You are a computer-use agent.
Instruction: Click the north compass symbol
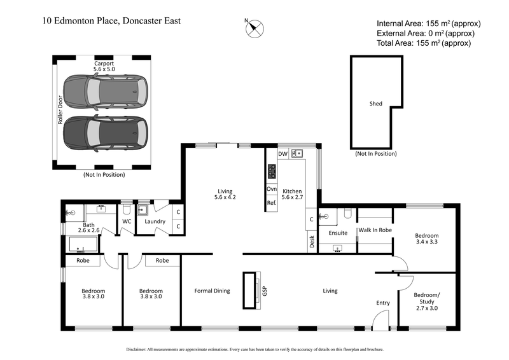(x=255, y=27)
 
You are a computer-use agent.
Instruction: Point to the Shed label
(x=376, y=103)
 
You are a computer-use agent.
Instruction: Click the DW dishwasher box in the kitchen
(x=283, y=154)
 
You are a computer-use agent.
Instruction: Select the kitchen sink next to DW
(x=297, y=154)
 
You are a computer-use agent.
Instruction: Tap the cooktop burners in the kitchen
(x=272, y=171)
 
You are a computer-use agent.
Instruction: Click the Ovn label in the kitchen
(x=271, y=189)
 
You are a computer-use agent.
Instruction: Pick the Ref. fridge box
(x=271, y=203)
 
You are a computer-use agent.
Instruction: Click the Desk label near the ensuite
(x=312, y=241)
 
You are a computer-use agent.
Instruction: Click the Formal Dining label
(x=212, y=291)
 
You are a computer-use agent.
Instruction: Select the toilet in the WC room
(x=126, y=209)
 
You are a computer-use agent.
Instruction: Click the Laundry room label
(x=155, y=221)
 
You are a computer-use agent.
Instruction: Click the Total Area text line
(x=424, y=43)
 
